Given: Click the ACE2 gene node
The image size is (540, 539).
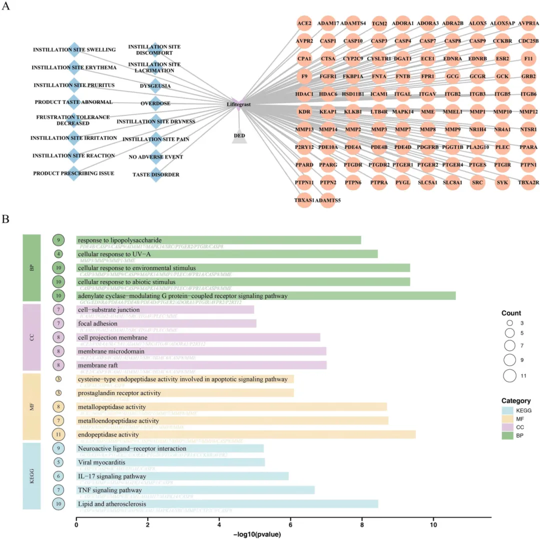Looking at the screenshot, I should pos(304,23).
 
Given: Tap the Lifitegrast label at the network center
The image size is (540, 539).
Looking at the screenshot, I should pos(238,104).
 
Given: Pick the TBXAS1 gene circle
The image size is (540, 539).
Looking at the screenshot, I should pos(304,200).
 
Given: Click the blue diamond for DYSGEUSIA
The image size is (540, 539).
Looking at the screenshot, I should pos(155,85).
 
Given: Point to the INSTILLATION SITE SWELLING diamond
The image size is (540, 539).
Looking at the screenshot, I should pos(74,49).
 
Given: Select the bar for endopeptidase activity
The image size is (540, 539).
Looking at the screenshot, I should pos(245,434).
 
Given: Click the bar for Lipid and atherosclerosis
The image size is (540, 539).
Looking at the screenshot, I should pos(227,503).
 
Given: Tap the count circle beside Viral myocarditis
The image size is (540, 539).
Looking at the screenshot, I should pos(59,462).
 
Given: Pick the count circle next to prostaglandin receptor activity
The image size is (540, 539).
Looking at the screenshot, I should pos(58,393).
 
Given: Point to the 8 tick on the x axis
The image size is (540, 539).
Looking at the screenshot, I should pos(361,525).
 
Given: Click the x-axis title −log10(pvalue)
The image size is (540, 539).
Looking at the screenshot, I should pos(257,534).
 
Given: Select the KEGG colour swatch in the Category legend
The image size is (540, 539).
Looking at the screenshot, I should pos(509,410).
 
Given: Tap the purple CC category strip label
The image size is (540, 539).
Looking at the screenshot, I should pos(31,335).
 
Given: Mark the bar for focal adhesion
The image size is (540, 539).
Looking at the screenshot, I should pos(166,323).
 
